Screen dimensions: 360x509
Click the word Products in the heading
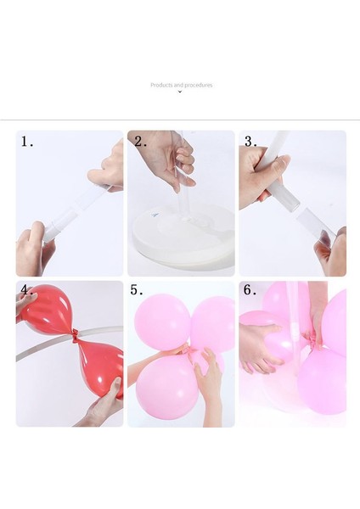(x=161, y=85)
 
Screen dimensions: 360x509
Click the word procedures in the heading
(x=199, y=85)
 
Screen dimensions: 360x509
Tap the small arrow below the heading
(x=180, y=92)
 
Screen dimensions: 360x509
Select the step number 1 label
(x=26, y=142)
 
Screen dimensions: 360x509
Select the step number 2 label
(x=140, y=142)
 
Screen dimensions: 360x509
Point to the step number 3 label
(x=250, y=142)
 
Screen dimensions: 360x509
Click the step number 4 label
(x=27, y=289)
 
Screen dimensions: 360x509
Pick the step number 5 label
(x=137, y=289)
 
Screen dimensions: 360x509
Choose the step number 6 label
(x=250, y=289)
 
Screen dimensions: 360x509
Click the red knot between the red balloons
(x=76, y=337)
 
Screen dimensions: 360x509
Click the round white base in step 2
(x=183, y=235)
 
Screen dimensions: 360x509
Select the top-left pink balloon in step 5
(x=162, y=322)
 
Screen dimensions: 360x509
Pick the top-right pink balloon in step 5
(x=213, y=323)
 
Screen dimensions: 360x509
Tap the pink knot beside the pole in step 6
(x=312, y=340)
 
